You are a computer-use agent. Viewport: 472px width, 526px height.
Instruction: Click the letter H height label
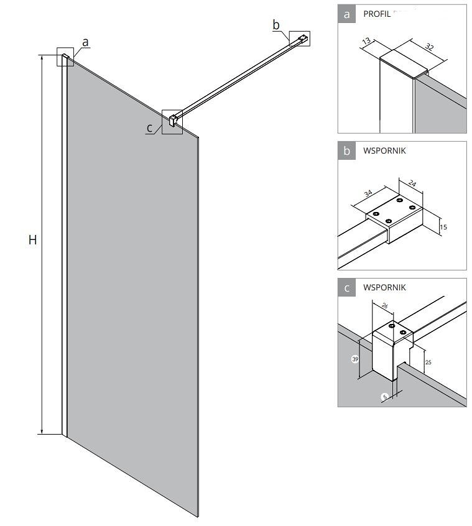click(x=32, y=239)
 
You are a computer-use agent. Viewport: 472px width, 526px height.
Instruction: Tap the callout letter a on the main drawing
click(x=86, y=42)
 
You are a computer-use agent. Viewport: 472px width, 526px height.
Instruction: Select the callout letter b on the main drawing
click(x=276, y=25)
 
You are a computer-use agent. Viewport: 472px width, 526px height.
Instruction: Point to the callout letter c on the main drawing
click(x=150, y=128)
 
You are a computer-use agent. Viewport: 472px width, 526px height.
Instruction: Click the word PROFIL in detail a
click(x=377, y=14)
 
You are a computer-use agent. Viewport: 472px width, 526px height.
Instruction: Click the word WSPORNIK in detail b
click(x=384, y=150)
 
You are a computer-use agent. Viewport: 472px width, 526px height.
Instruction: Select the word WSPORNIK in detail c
click(x=384, y=287)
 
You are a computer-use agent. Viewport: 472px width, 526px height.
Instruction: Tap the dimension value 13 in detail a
click(x=366, y=42)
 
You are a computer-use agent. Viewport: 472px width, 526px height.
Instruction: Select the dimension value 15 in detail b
click(x=443, y=228)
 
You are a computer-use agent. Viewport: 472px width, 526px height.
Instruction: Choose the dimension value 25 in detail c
click(x=429, y=361)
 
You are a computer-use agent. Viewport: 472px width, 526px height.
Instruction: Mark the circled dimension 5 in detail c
click(x=385, y=396)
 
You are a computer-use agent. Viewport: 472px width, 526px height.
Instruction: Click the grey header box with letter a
click(x=346, y=14)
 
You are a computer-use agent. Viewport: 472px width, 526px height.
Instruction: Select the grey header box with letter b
click(x=346, y=150)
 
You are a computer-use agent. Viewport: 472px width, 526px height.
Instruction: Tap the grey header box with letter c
click(x=346, y=287)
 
